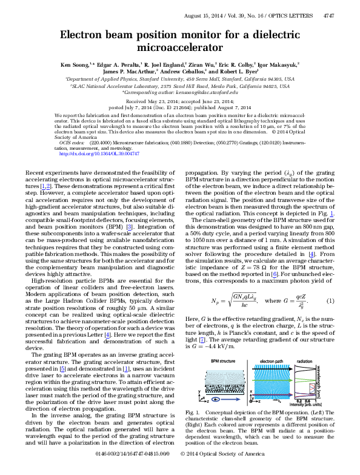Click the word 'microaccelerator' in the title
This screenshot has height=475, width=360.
180,45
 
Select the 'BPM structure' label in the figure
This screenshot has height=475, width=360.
209,343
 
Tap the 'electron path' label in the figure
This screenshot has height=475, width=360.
272,343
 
